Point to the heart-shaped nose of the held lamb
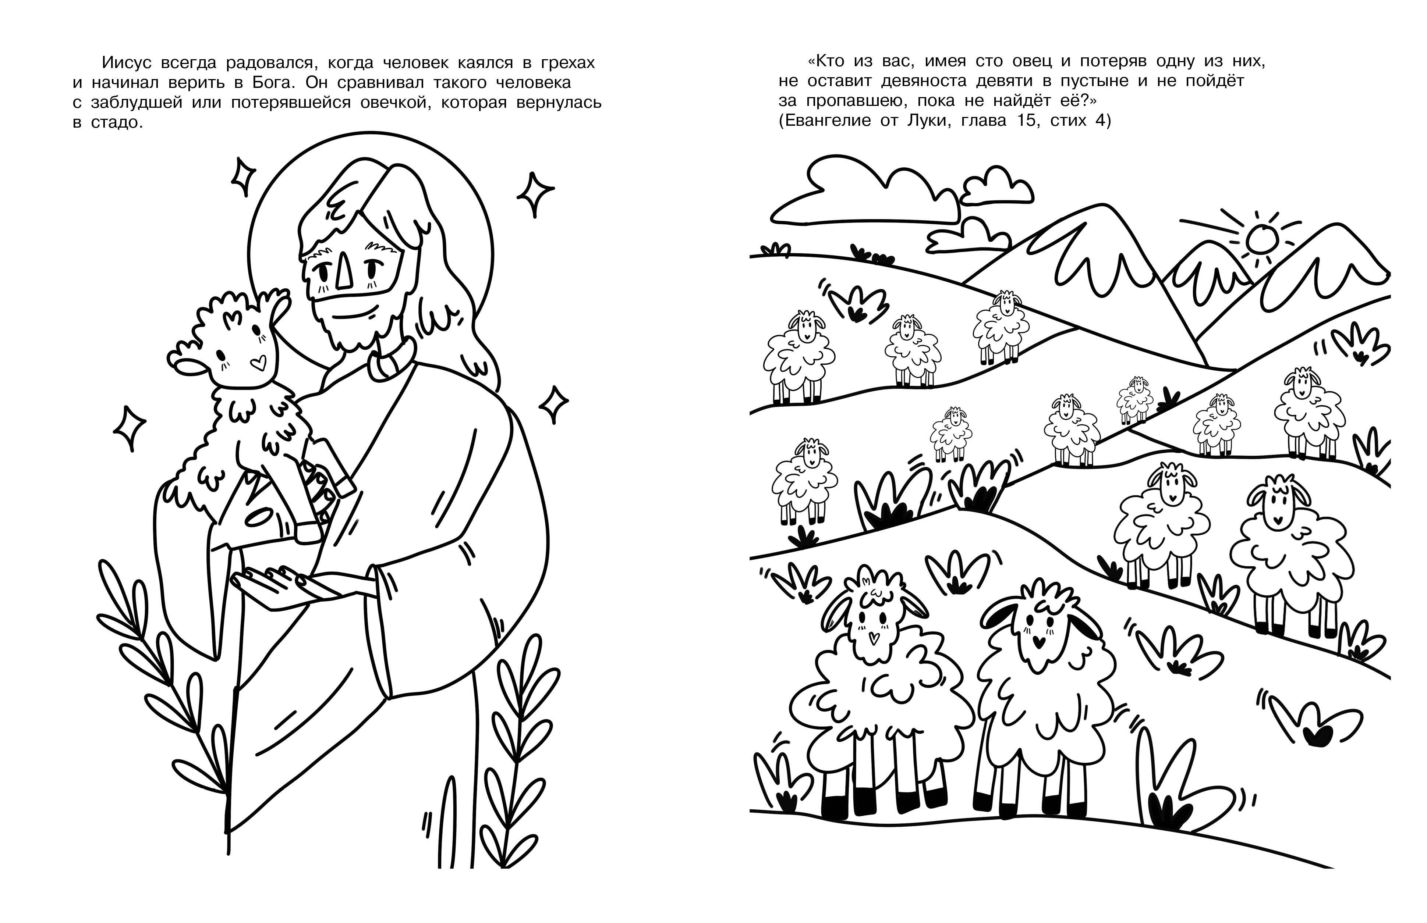pos(258,362)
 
